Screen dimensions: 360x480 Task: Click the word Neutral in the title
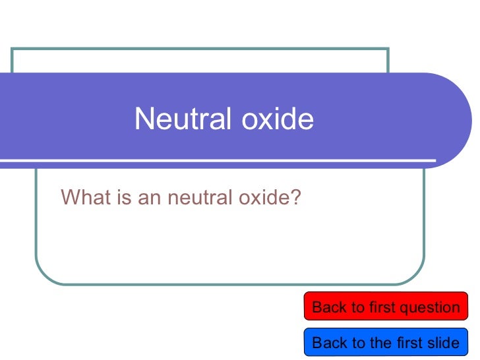[x=175, y=119]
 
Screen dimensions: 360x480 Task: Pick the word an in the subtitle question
[x=148, y=196]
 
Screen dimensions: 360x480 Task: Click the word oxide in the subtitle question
[x=264, y=196]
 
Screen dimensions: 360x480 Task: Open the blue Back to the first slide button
[x=385, y=342]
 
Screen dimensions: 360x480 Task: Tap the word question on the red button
[x=434, y=307]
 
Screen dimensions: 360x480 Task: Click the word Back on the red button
[x=328, y=307]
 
